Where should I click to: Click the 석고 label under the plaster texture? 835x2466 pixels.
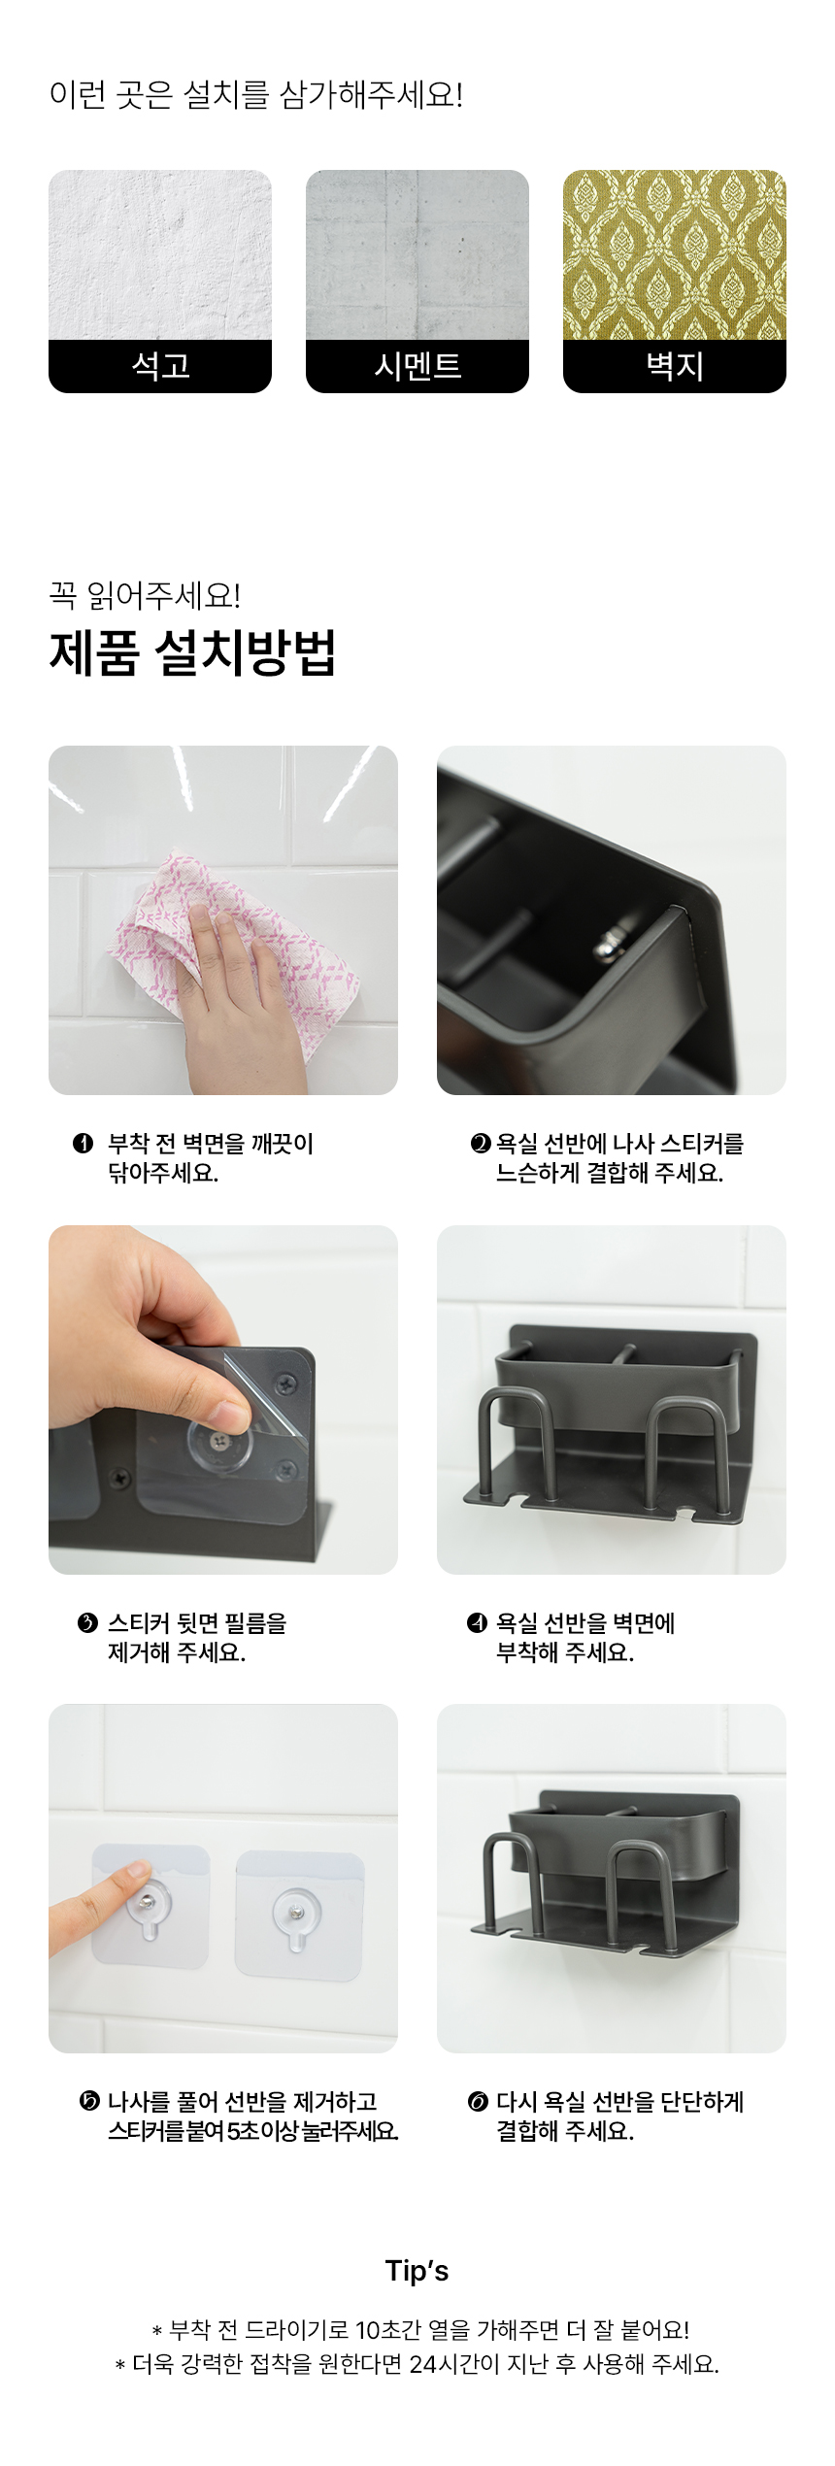click(x=160, y=366)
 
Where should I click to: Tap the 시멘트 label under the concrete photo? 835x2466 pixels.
click(x=417, y=366)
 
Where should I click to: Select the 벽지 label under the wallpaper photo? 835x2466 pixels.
click(x=675, y=366)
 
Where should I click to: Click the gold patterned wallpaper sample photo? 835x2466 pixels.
click(x=675, y=255)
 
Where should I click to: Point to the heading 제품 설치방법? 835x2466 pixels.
click(x=192, y=652)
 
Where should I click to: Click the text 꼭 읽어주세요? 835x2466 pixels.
click(x=145, y=595)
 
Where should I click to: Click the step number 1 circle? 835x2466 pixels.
click(x=83, y=1144)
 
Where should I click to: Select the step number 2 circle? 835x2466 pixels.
click(x=481, y=1144)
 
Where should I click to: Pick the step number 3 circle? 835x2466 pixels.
click(x=87, y=1622)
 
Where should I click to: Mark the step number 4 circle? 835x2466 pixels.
click(x=477, y=1622)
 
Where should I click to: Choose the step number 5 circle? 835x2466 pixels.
click(x=88, y=2102)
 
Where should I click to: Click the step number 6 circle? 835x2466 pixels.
click(x=478, y=2102)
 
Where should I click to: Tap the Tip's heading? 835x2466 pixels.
click(x=417, y=2271)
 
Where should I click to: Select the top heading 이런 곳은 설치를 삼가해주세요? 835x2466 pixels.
click(x=256, y=95)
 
